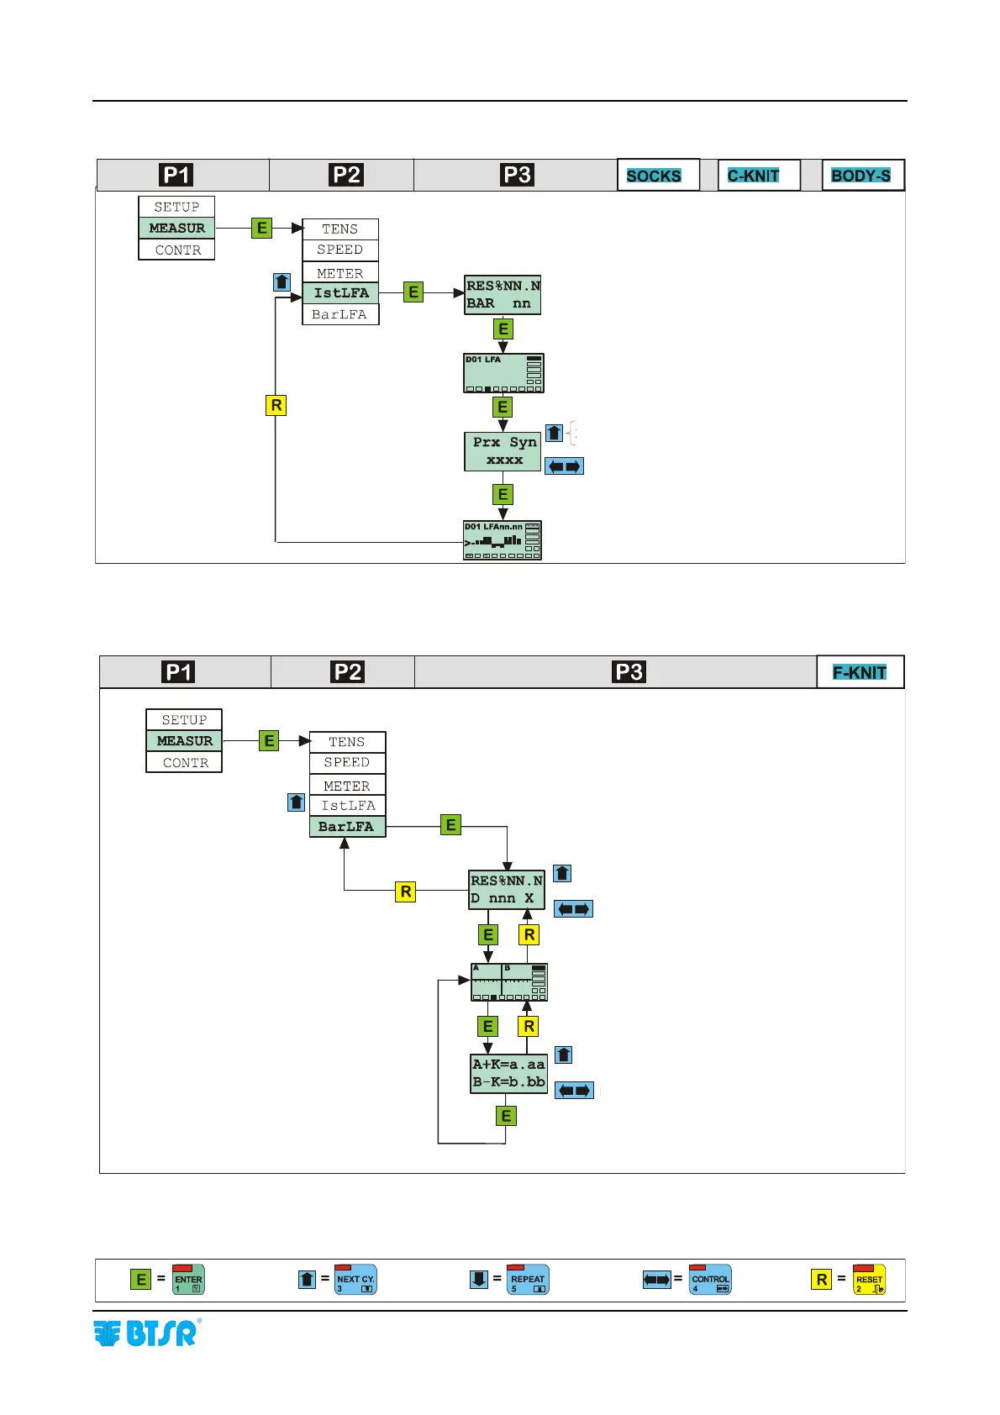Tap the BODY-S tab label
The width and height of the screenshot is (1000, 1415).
[x=862, y=176]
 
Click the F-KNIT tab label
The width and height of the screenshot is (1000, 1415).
[x=860, y=672]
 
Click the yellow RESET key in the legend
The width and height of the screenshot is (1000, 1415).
[x=869, y=1280]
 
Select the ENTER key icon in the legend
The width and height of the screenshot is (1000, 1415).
[x=188, y=1280]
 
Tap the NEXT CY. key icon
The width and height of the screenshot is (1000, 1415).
[x=355, y=1280]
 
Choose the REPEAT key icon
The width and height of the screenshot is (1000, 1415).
[x=528, y=1280]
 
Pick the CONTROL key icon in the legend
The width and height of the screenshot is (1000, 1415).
[x=710, y=1280]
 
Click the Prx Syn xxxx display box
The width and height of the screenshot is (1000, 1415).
[x=503, y=451]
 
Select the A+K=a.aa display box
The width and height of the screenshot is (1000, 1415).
[x=508, y=1073]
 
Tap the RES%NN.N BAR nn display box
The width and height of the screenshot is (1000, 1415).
[x=503, y=295]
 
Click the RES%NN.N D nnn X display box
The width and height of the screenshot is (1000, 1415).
[x=506, y=890]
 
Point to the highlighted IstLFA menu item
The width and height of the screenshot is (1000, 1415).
[x=340, y=293]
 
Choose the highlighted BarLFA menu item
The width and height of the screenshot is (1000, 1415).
[x=347, y=827]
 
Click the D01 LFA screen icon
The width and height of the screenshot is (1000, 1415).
[x=503, y=373]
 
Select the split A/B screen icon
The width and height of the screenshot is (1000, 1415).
[x=508, y=981]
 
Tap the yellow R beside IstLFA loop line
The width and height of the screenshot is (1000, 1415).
[x=276, y=406]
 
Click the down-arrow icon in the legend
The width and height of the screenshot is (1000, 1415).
[x=478, y=1280]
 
